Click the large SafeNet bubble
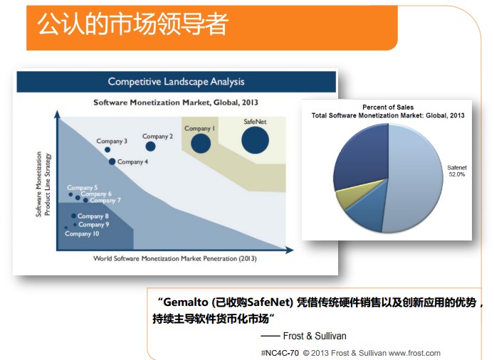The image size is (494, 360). (256, 140)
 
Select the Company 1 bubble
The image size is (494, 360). (201, 143)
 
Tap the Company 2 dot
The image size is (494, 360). (151, 146)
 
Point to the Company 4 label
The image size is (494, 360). (132, 162)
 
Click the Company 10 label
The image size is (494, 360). (82, 233)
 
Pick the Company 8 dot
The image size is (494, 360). (73, 216)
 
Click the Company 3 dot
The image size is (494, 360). (107, 149)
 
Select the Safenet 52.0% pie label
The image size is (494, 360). (457, 171)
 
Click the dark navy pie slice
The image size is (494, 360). (362, 157)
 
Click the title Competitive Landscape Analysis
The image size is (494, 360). (176, 82)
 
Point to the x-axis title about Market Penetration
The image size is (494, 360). (175, 258)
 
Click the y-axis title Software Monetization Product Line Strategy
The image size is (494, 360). (43, 184)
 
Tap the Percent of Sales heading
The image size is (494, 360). (388, 107)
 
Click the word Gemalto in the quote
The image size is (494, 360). (186, 302)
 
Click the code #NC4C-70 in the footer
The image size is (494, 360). (280, 353)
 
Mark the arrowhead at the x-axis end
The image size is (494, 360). (290, 250)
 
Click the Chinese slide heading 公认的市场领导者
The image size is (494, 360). (132, 24)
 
